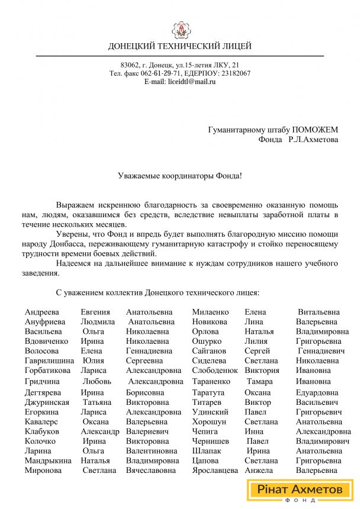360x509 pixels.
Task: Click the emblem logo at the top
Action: click(179, 29)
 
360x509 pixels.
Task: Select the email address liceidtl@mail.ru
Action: click(191, 82)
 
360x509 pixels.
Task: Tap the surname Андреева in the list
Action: click(41, 312)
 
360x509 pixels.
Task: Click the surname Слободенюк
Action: click(215, 371)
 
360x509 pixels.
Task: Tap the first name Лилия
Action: click(256, 341)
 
